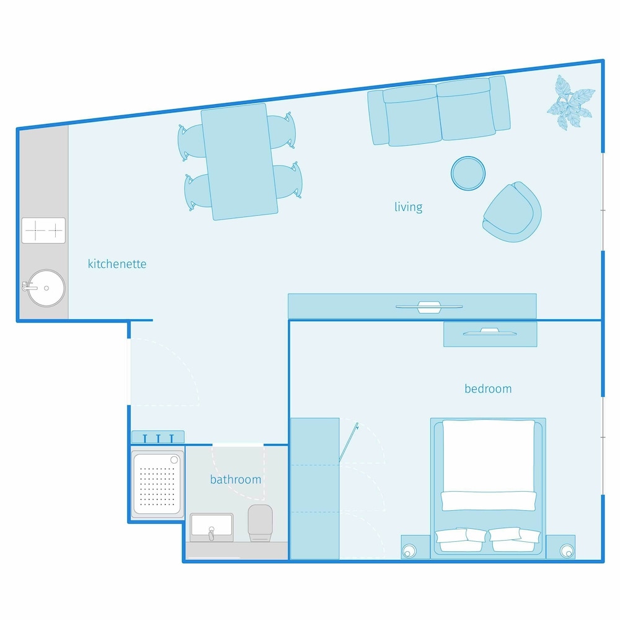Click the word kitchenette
[117, 263]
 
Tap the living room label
[409, 207]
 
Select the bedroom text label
[488, 389]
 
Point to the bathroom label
[236, 480]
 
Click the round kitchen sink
[46, 288]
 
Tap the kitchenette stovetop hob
[43, 230]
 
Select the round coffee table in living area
[468, 173]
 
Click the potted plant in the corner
[570, 103]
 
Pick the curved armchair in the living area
[513, 212]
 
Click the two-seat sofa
[439, 111]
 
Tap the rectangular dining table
[239, 161]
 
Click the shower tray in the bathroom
[157, 484]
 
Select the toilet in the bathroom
[260, 523]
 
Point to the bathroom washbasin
[211, 528]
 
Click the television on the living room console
[429, 307]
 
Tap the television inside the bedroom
[490, 332]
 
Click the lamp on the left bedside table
[409, 551]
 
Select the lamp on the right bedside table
[567, 551]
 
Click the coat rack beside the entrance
[157, 437]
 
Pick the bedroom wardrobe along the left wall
[315, 489]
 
